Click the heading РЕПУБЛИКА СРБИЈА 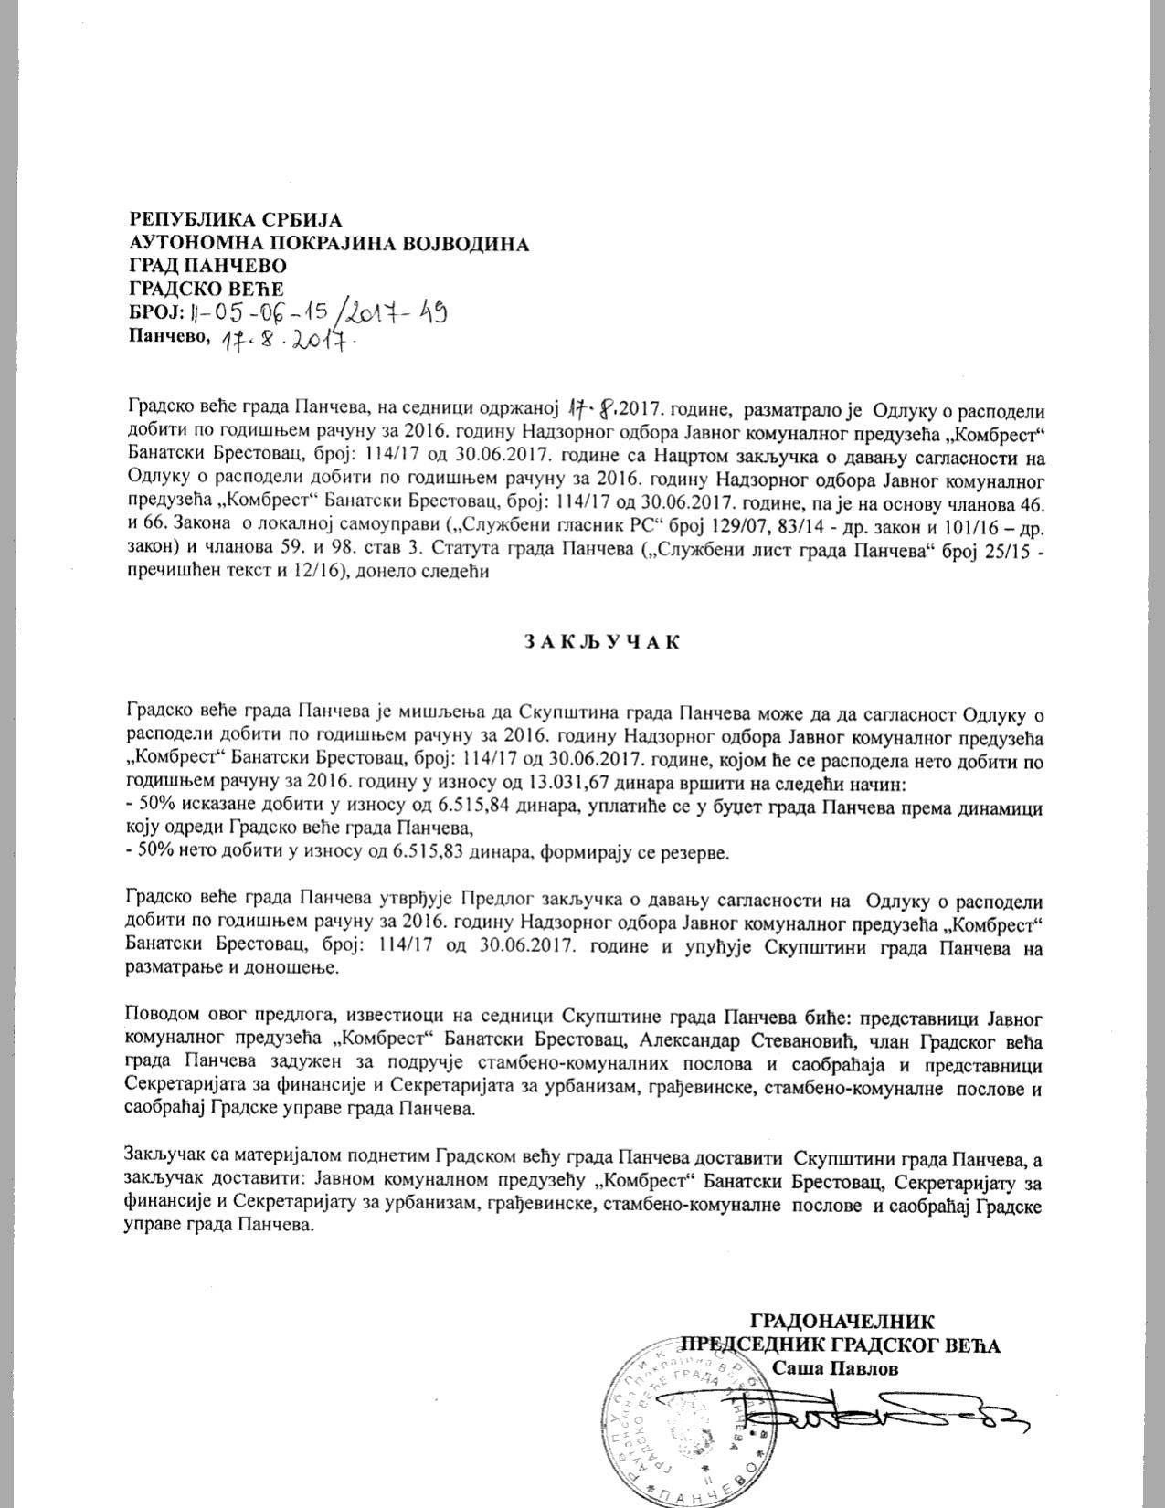point(236,220)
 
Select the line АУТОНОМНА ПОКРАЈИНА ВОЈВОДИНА point(329,243)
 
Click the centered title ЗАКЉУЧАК point(602,641)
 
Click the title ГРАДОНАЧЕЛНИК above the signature point(842,1321)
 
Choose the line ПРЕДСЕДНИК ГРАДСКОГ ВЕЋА point(841,1345)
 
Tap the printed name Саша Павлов point(834,1368)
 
